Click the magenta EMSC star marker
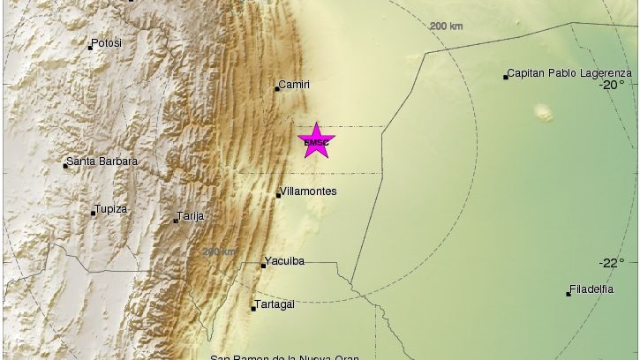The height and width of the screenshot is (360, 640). (316, 141)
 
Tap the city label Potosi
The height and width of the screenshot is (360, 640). (106, 42)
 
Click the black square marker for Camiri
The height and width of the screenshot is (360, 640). (277, 86)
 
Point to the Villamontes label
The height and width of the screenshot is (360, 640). (307, 191)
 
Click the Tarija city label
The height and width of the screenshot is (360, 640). (191, 215)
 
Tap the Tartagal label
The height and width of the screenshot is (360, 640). (275, 304)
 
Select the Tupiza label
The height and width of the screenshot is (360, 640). (110, 209)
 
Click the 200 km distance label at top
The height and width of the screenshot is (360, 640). (447, 26)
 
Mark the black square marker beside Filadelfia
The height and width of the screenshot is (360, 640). (568, 293)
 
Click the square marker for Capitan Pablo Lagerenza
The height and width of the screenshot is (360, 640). (506, 77)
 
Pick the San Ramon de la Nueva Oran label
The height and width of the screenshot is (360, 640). (283, 356)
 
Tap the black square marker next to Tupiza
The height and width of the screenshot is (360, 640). (94, 212)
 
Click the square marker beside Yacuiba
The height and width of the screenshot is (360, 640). (264, 265)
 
